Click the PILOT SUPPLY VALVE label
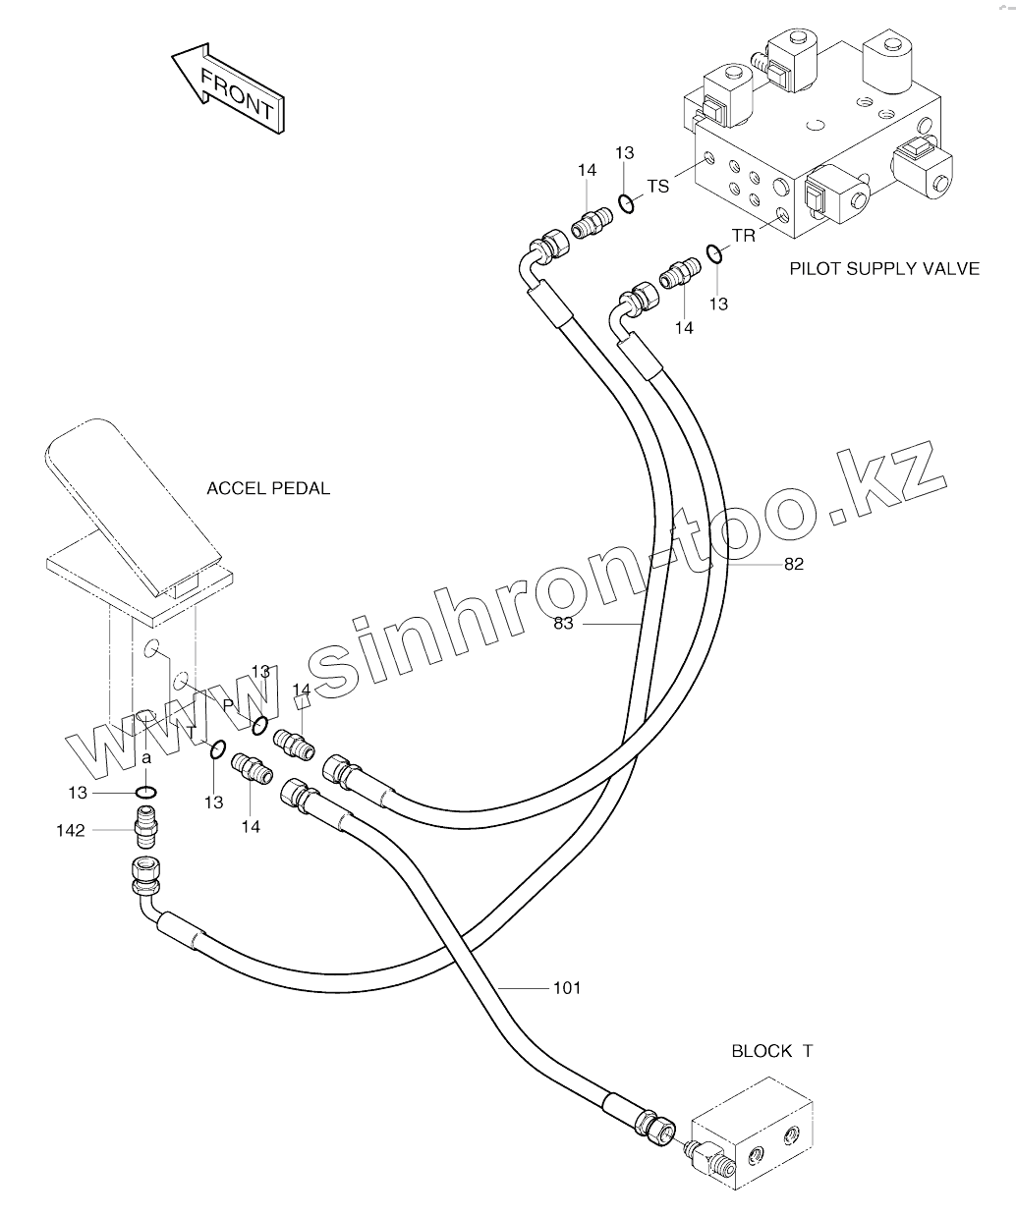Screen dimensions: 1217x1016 884,267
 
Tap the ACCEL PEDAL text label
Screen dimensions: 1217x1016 268,488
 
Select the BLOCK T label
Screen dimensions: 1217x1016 771,1051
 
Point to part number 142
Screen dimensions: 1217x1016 71,831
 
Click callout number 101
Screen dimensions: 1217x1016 567,987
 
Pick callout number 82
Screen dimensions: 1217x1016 793,564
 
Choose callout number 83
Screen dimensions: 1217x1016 565,624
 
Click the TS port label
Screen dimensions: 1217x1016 657,186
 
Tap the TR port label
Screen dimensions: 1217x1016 743,236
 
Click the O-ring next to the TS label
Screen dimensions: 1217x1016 626,204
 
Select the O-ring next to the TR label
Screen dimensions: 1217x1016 715,255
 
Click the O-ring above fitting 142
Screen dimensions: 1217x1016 145,793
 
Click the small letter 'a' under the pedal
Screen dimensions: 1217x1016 145,758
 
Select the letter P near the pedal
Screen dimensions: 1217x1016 228,705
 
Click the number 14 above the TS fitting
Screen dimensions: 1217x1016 587,171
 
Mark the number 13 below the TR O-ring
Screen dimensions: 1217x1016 718,304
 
